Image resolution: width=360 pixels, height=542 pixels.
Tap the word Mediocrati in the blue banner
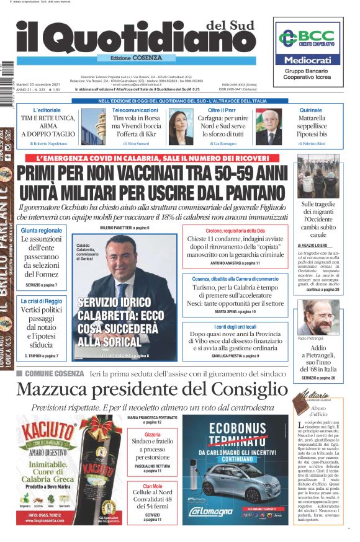point(308,61)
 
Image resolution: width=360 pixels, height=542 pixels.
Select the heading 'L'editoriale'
point(46,110)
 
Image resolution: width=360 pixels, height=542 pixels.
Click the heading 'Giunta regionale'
point(42,231)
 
